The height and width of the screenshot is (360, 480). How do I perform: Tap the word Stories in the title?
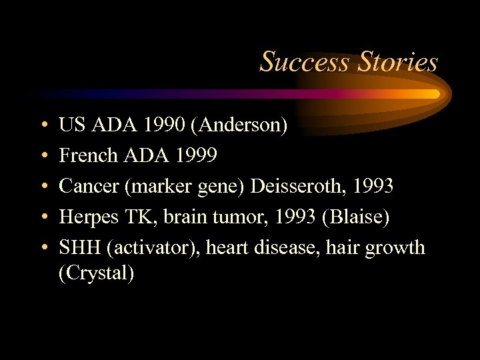398,62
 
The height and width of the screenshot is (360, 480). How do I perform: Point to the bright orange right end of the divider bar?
433,94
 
